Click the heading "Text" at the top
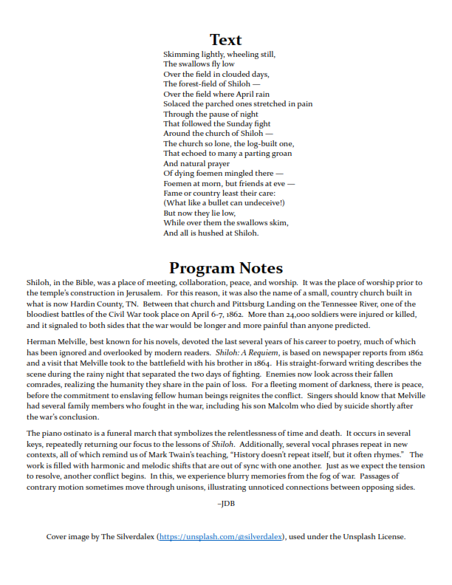click(225, 40)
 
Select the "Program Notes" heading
click(225, 267)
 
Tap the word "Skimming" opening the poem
click(179, 55)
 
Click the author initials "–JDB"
click(225, 504)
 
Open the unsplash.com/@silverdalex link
click(221, 537)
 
